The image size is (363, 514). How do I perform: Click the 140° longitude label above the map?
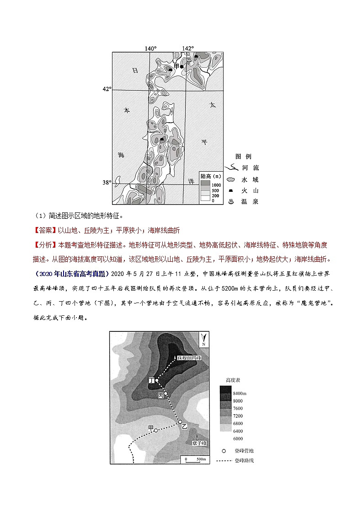150,49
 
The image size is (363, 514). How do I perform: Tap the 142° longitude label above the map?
187,49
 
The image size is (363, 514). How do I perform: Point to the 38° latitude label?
106,182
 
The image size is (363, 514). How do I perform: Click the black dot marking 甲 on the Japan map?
181,67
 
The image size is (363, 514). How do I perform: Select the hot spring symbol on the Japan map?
189,60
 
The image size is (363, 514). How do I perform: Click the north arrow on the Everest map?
203,339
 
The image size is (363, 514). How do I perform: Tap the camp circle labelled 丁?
157,380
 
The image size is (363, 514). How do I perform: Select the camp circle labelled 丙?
166,393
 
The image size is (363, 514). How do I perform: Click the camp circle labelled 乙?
180,422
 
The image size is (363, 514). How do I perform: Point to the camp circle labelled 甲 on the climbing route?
155,430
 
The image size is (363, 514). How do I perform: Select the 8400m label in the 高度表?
240,393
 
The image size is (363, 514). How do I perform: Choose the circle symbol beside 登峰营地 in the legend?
224,450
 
